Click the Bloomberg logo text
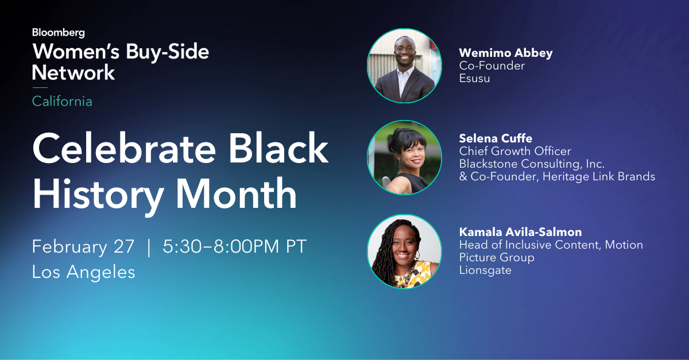(x=58, y=33)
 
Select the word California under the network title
(x=62, y=102)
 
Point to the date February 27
(x=83, y=247)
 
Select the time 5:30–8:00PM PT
(x=235, y=247)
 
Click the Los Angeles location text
(x=83, y=272)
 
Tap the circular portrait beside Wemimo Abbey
(x=404, y=65)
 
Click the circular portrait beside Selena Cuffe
(x=404, y=157)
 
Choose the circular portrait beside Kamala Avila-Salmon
(x=404, y=251)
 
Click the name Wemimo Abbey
(x=505, y=53)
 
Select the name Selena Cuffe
(x=496, y=138)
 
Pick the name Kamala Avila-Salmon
(x=520, y=232)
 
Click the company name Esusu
(x=474, y=78)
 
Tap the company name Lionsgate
(x=485, y=270)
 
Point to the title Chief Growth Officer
(x=515, y=151)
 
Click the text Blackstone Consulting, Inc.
(x=532, y=164)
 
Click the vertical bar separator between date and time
(x=149, y=247)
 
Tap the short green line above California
(x=40, y=87)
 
